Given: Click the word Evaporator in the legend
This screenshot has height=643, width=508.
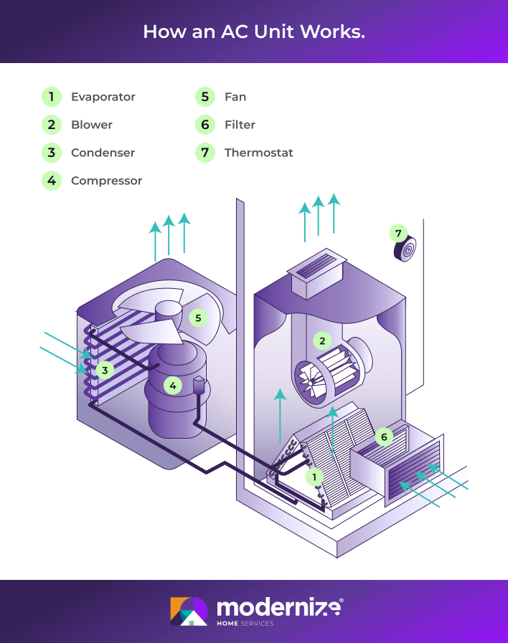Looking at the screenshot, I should pos(103,97).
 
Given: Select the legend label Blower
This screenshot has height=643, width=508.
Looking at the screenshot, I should pos(91,125).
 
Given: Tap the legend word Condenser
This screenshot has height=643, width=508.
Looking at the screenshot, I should pos(103,153).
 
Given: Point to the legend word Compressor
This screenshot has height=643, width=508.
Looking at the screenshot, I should pos(106,181).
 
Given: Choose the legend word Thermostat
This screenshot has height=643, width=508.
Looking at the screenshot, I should pos(258,153).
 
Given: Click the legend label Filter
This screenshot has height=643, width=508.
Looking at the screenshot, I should pos(240,125).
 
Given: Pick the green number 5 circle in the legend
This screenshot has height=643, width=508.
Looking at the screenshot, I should pos(204,97).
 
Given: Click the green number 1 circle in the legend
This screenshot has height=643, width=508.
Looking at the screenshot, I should pos(51,97).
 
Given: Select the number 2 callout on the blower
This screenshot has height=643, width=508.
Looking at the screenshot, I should pos(323,340).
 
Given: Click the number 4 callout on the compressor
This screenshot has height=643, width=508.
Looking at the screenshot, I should pos(172,386).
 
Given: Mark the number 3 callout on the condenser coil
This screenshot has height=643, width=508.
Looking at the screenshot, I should pos(105,371).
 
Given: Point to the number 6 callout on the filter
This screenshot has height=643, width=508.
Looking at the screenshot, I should pos(384,436).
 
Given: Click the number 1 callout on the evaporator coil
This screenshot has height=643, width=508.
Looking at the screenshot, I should pos(314,476).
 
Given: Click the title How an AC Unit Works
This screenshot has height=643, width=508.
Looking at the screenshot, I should pos(254,32).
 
